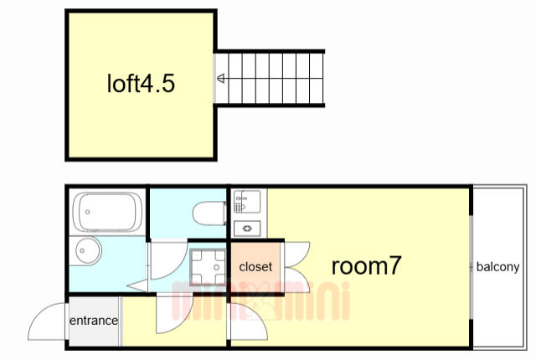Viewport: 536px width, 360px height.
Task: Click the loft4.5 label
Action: [141, 84]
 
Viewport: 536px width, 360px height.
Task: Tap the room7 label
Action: [366, 265]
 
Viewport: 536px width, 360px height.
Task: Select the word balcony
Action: [497, 267]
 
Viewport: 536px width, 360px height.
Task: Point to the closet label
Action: [255, 267]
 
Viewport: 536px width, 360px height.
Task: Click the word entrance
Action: [94, 321]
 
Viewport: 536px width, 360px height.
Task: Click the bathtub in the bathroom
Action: [107, 212]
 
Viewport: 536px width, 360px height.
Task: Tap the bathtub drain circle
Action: [87, 212]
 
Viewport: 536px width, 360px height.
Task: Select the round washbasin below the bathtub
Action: [87, 250]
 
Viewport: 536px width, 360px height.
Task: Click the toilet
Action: [209, 213]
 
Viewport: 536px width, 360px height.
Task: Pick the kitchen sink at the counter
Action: [247, 202]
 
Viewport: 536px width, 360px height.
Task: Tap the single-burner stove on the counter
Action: [247, 229]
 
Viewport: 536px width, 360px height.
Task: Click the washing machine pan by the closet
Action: [209, 267]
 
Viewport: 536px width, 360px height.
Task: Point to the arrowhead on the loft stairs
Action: [221, 79]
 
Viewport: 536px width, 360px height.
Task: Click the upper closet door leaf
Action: [297, 255]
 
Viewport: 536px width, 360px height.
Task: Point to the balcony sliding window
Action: [471, 266]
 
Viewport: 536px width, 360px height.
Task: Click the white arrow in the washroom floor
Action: [137, 285]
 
